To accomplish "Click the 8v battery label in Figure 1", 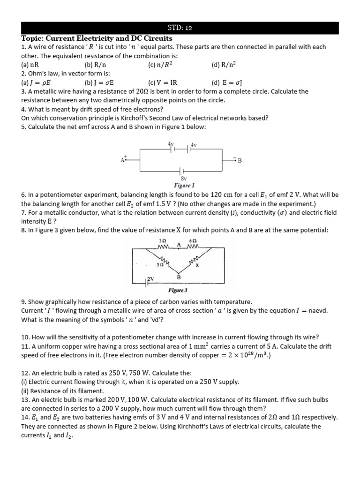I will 183,179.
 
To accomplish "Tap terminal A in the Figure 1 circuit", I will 123,160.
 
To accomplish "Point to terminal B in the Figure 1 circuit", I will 240,160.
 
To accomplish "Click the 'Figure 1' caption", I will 184,185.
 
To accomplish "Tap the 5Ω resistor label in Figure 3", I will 160,265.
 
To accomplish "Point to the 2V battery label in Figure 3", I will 151,278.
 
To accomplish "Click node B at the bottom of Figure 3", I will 179,277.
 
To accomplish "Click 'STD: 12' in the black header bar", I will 180,28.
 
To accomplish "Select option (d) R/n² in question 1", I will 224,65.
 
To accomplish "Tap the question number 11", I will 26,346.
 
